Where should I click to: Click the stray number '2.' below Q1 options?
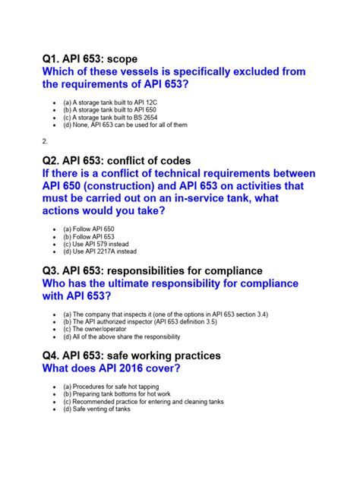coord(45,141)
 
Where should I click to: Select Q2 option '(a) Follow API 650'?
coord(88,229)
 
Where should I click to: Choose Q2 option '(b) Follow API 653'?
coord(88,237)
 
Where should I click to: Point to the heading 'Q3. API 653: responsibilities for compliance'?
coord(153,270)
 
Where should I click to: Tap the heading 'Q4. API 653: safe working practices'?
coord(132,355)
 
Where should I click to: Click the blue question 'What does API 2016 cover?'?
coord(115,369)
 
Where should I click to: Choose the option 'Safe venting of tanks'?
coord(97,410)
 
